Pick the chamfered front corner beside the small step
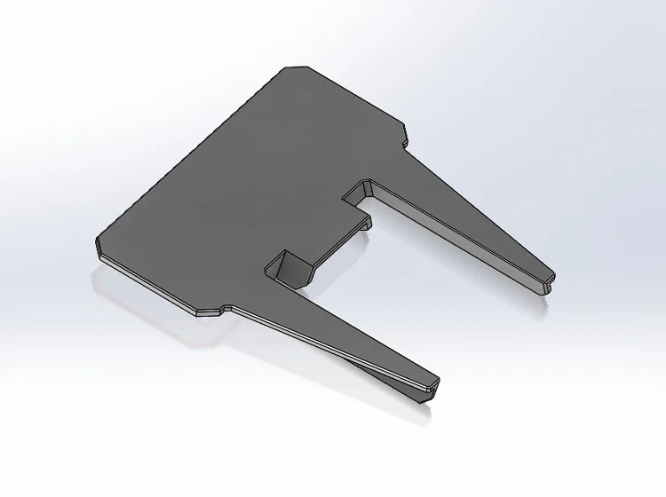[207, 313]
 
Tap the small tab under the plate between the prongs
[364, 228]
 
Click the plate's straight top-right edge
[355, 93]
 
